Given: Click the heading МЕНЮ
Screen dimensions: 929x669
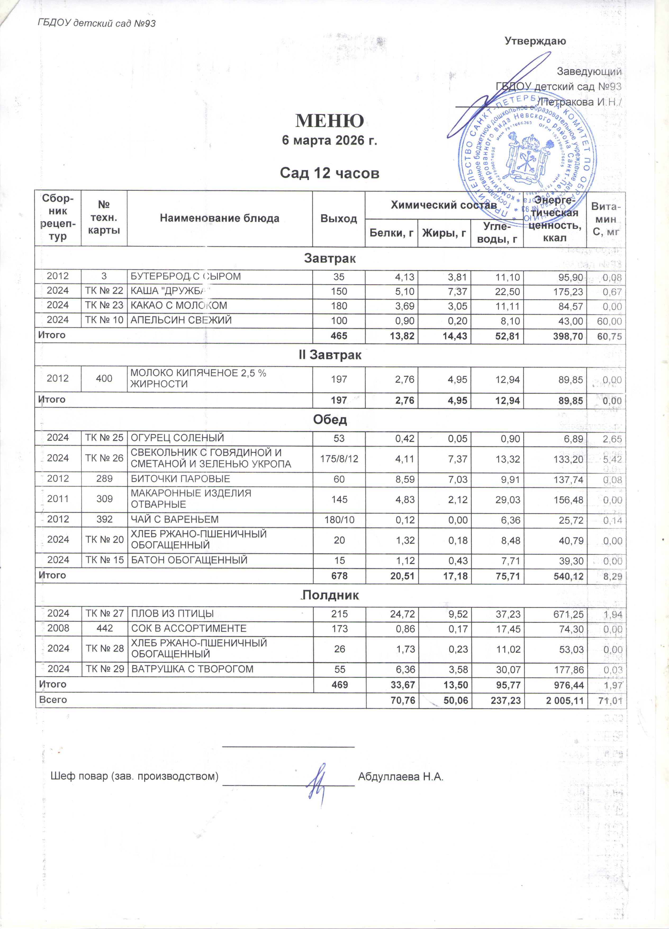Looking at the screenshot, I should [329, 121].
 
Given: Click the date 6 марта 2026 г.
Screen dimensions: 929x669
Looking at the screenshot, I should [329, 140].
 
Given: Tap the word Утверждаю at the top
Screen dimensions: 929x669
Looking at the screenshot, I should [535, 41].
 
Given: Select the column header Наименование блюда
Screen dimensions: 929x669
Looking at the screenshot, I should [219, 218].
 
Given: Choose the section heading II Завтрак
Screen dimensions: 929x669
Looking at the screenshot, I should [330, 355].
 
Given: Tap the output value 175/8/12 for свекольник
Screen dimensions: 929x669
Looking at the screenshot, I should [339, 458].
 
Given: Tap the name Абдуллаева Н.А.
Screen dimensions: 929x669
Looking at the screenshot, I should [401, 776].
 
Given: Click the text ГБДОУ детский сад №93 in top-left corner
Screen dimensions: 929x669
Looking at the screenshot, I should [97, 23].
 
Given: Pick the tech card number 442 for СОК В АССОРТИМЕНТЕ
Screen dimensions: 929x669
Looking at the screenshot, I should [104, 628].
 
